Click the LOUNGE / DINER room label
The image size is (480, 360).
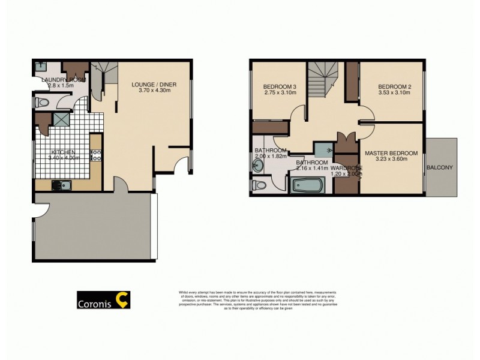154,85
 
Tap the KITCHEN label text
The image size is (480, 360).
62,152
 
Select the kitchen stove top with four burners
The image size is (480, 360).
95,155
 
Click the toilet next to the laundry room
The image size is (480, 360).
41,103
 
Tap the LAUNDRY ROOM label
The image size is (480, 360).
60,79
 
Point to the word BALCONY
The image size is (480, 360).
440,167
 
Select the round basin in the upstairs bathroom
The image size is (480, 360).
259,167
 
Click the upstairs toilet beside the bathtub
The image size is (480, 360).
259,184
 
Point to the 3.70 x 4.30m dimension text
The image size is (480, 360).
154,91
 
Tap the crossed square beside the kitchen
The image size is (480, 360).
61,119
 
